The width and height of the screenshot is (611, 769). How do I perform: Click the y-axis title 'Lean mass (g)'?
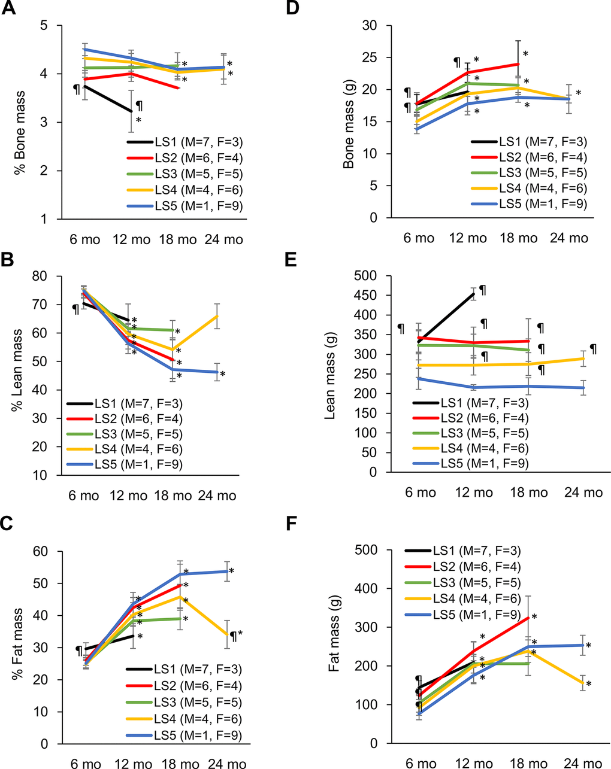click(x=330, y=375)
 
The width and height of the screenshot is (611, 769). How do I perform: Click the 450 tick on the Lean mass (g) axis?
click(x=372, y=295)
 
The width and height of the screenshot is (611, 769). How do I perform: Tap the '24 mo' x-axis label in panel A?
click(x=225, y=239)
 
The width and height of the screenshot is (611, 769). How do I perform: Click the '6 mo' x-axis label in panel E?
click(x=420, y=493)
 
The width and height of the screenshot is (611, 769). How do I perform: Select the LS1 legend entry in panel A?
click(x=185, y=142)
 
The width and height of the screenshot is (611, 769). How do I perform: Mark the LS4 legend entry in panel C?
click(x=184, y=719)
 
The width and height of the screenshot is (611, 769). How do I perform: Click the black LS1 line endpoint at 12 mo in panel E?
click(x=474, y=294)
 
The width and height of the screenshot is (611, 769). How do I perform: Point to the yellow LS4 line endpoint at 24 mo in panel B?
click(x=217, y=315)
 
